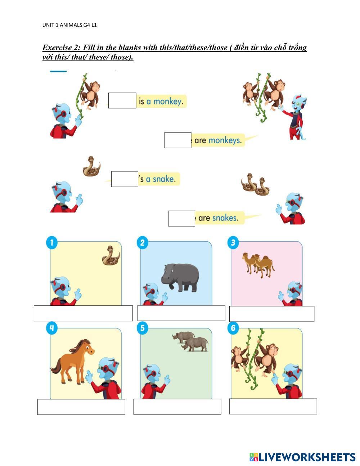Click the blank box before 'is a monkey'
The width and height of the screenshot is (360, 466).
click(x=122, y=100)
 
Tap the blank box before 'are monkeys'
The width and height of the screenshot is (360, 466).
click(x=177, y=140)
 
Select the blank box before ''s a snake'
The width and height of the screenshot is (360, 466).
click(x=125, y=179)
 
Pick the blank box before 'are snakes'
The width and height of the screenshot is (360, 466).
click(x=181, y=219)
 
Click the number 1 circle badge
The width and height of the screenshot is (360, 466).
click(x=52, y=242)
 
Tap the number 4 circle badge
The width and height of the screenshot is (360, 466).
click(x=52, y=328)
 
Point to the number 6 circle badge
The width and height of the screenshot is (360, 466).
click(x=233, y=328)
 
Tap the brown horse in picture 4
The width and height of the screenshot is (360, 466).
click(x=74, y=360)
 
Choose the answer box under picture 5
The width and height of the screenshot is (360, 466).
click(x=177, y=407)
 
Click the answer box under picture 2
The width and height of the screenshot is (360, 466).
click(x=181, y=313)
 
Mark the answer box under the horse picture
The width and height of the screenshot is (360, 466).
click(x=81, y=407)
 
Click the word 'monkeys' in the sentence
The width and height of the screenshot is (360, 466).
click(x=224, y=140)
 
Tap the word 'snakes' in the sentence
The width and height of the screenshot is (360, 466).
click(x=225, y=218)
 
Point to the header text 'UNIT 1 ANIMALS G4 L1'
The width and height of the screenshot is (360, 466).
click(x=69, y=25)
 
